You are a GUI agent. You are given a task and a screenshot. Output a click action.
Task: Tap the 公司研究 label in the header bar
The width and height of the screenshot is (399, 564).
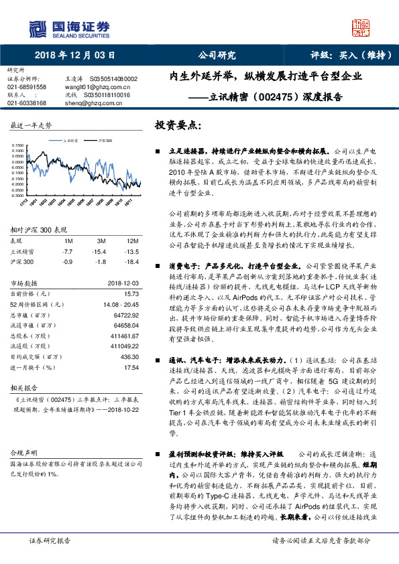point(217,56)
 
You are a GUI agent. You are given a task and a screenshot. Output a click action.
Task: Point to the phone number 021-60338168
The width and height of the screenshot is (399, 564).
point(27,103)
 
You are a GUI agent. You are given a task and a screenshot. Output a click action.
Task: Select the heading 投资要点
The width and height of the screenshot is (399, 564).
point(176,125)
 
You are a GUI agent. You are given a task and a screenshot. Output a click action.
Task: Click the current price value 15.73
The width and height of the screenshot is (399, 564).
point(131,312)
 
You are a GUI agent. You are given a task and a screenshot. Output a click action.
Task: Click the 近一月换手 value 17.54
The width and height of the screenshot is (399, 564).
point(131,368)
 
